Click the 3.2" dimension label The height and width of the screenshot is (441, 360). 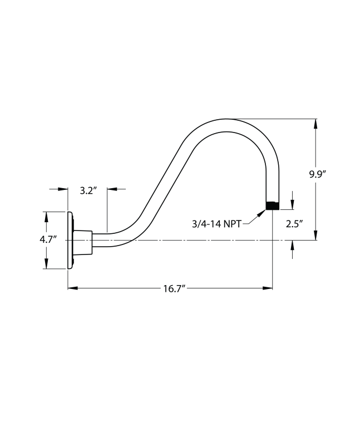click(x=88, y=190)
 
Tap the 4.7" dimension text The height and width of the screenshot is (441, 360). click(x=48, y=240)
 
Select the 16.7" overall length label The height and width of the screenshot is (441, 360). click(x=174, y=288)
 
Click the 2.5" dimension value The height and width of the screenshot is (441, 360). click(x=293, y=224)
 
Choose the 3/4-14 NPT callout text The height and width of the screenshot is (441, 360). click(x=216, y=224)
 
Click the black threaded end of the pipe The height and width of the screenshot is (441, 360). click(x=272, y=205)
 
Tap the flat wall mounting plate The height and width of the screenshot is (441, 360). click(x=70, y=240)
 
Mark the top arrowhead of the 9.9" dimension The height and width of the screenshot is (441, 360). click(x=316, y=124)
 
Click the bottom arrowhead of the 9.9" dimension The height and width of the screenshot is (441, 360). click(x=316, y=235)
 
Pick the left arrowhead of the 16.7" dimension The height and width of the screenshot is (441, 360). click(x=73, y=288)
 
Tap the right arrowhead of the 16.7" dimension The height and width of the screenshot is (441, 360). click(x=268, y=288)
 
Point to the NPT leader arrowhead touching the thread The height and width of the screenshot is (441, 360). click(x=262, y=212)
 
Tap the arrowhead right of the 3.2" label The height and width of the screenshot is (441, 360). click(x=111, y=190)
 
